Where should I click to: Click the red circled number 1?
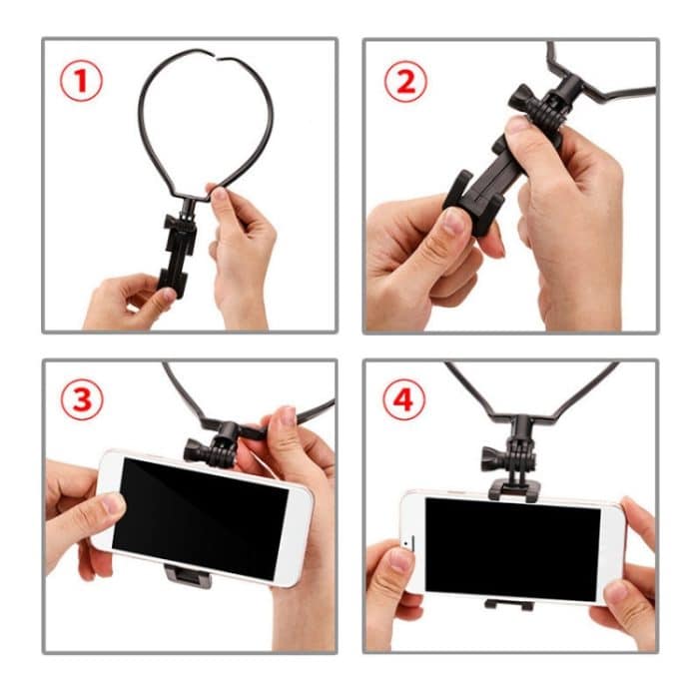click(81, 81)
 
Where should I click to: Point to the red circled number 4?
click(404, 400)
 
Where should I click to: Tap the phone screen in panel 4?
click(512, 548)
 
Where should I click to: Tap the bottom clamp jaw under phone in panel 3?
click(187, 576)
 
